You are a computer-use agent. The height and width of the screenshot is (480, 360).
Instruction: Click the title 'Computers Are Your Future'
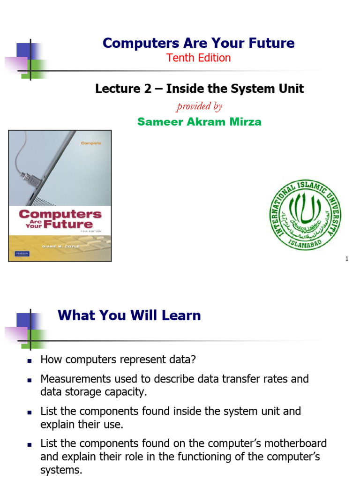point(199,43)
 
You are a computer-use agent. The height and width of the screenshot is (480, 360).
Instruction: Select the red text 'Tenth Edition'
point(199,58)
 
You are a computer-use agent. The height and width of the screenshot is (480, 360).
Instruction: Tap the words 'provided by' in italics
point(199,106)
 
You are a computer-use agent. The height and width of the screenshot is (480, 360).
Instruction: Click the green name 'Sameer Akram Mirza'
point(199,122)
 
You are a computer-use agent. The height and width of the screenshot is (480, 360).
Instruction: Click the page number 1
point(347,259)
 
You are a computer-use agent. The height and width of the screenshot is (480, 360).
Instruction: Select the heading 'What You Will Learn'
point(129,315)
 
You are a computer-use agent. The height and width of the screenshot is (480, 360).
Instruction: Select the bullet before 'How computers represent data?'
point(29,361)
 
